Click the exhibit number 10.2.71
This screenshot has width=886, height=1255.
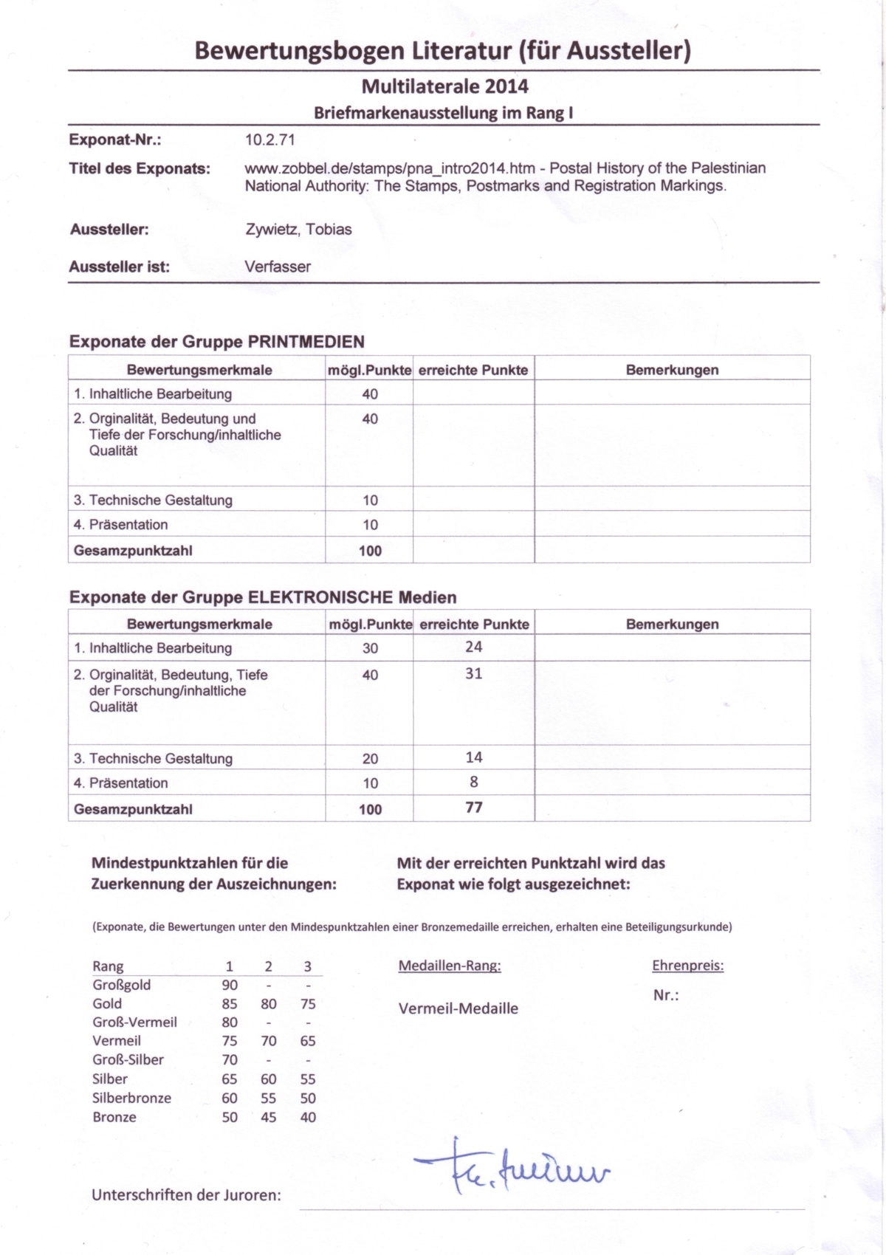(x=270, y=140)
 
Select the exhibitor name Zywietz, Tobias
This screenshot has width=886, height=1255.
(x=298, y=230)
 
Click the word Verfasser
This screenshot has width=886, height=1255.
(x=278, y=267)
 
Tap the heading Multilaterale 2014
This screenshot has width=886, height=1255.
(x=444, y=86)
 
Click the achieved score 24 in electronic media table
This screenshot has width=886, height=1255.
(x=473, y=647)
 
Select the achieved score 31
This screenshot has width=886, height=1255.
(x=473, y=673)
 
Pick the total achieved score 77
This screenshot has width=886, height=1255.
(x=473, y=808)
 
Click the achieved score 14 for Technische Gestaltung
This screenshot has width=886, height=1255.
(x=473, y=757)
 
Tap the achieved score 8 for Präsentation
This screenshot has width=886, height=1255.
(x=473, y=782)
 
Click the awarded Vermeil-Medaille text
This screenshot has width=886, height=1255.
(x=458, y=1008)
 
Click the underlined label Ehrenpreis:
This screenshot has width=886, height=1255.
(x=687, y=966)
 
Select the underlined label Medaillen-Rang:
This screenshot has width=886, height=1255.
(x=449, y=966)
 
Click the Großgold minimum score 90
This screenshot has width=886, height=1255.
(x=230, y=985)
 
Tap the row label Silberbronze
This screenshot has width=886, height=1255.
(x=131, y=1098)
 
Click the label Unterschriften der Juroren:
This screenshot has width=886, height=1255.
(x=186, y=1195)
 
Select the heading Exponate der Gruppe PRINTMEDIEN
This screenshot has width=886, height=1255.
(x=217, y=342)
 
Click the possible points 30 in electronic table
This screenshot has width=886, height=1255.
(x=370, y=648)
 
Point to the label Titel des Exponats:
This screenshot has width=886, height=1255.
(x=140, y=169)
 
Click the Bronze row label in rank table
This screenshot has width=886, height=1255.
(x=114, y=1117)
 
